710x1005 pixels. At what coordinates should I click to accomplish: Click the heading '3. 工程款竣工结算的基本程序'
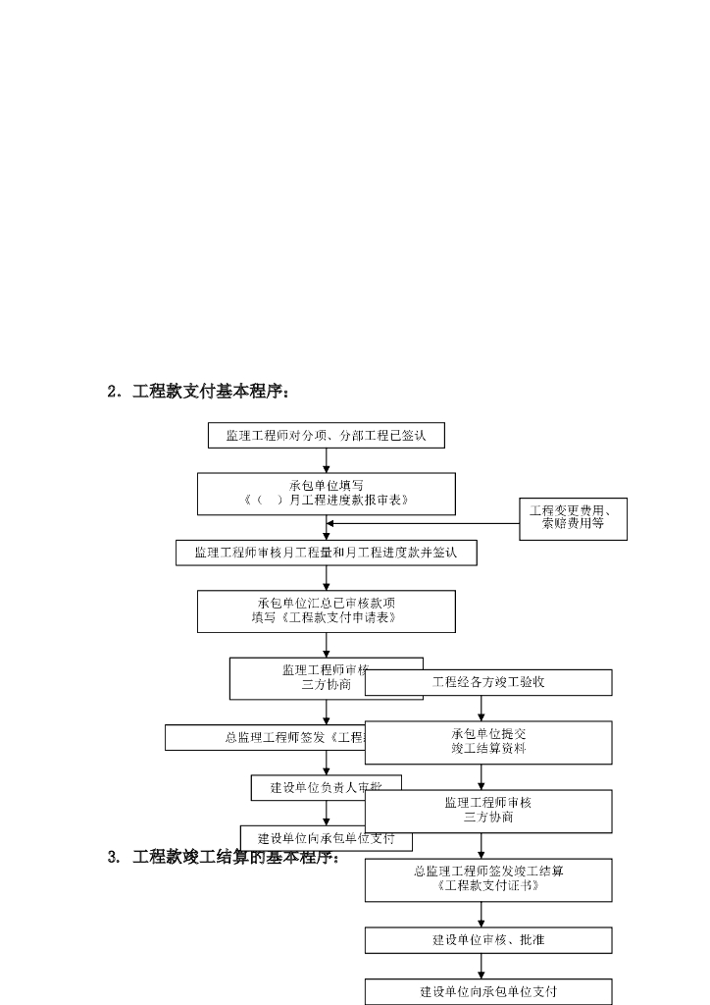pos(224,857)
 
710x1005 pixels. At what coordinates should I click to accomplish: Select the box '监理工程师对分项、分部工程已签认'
pos(326,435)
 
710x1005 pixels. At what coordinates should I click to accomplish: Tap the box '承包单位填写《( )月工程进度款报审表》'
pos(326,494)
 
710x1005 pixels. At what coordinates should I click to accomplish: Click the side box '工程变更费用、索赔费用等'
pos(573,518)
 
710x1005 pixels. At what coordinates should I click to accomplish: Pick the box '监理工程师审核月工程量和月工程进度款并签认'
pos(326,554)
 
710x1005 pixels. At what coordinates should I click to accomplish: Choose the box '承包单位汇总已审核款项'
pos(326,610)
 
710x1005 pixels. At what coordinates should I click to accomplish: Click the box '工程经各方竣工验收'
pos(488,682)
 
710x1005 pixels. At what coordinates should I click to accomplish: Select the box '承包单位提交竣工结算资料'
pos(488,742)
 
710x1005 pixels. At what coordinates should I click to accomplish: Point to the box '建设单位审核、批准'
pos(488,939)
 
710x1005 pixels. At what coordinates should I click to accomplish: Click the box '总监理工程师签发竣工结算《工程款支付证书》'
pos(488,879)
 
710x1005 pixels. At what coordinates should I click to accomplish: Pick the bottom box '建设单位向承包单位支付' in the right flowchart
pos(488,991)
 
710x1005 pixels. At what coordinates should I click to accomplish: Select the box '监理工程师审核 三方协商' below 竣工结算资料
pos(488,811)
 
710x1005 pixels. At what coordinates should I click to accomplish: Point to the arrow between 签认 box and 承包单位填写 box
pos(327,460)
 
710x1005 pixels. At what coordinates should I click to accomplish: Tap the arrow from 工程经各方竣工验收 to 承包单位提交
pos(482,709)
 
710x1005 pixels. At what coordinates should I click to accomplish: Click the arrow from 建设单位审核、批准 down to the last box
pos(482,966)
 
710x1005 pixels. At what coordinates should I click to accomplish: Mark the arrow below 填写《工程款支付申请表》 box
pos(327,645)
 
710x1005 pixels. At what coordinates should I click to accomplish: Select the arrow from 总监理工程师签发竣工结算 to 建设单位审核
pos(482,914)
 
